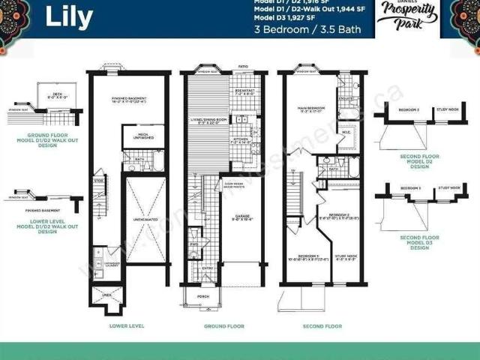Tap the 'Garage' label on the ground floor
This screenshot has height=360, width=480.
[241, 218]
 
